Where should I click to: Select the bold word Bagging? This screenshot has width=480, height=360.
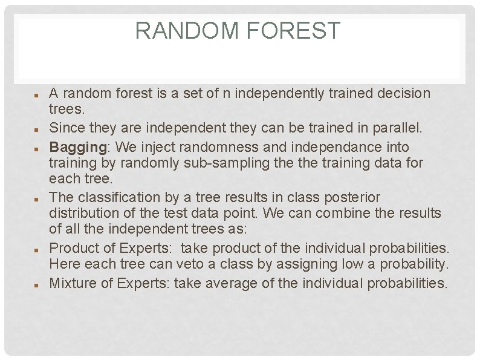(x=71, y=147)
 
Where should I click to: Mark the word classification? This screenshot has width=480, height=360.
(x=111, y=197)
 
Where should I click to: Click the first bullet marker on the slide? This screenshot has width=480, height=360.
(x=37, y=96)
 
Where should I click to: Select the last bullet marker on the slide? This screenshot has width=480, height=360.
(x=37, y=283)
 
